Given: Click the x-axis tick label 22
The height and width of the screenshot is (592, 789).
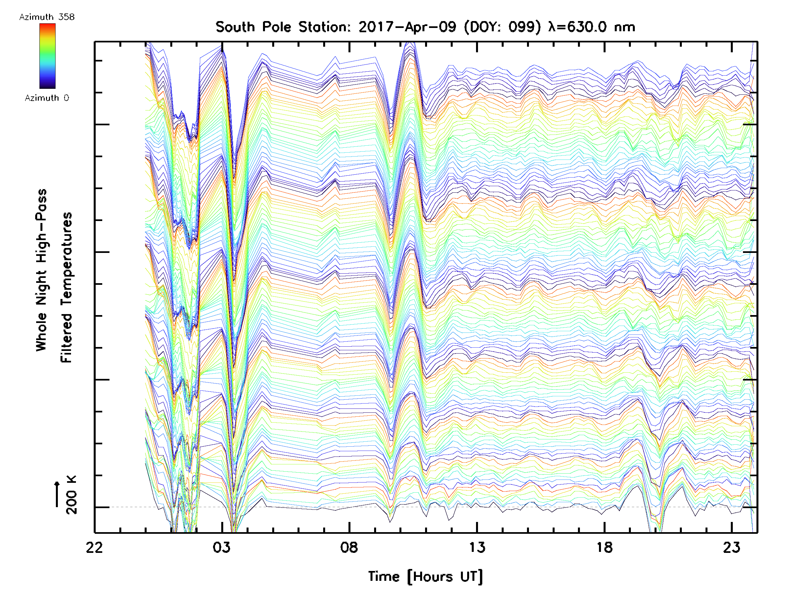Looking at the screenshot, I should (x=94, y=547).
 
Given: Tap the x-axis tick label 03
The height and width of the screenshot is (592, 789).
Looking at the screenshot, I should (x=222, y=547).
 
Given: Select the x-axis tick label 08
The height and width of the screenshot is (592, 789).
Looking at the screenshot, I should (x=349, y=547).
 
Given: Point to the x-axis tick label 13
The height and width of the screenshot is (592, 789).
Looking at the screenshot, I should (x=477, y=547).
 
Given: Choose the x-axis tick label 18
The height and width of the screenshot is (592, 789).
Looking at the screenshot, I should (x=605, y=547).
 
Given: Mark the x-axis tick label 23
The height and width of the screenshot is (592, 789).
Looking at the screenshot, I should (x=732, y=547).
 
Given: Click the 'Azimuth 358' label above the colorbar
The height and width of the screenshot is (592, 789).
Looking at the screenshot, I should (x=47, y=17).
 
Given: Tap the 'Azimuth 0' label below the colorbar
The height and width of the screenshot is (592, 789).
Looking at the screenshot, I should (x=47, y=98).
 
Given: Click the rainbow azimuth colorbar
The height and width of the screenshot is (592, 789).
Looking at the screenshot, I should (x=47, y=56).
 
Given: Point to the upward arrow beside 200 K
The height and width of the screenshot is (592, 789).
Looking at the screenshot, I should (x=57, y=494).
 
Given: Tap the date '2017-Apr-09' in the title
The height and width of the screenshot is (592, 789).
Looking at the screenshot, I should (x=407, y=27).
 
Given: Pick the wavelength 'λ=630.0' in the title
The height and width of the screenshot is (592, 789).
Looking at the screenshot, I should (x=577, y=27).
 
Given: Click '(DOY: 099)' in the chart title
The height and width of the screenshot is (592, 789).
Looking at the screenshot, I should (x=502, y=27).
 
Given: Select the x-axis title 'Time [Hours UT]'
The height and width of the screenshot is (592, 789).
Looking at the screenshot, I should (x=425, y=577).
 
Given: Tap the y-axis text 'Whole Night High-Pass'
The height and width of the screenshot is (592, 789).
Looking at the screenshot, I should (x=41, y=270).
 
